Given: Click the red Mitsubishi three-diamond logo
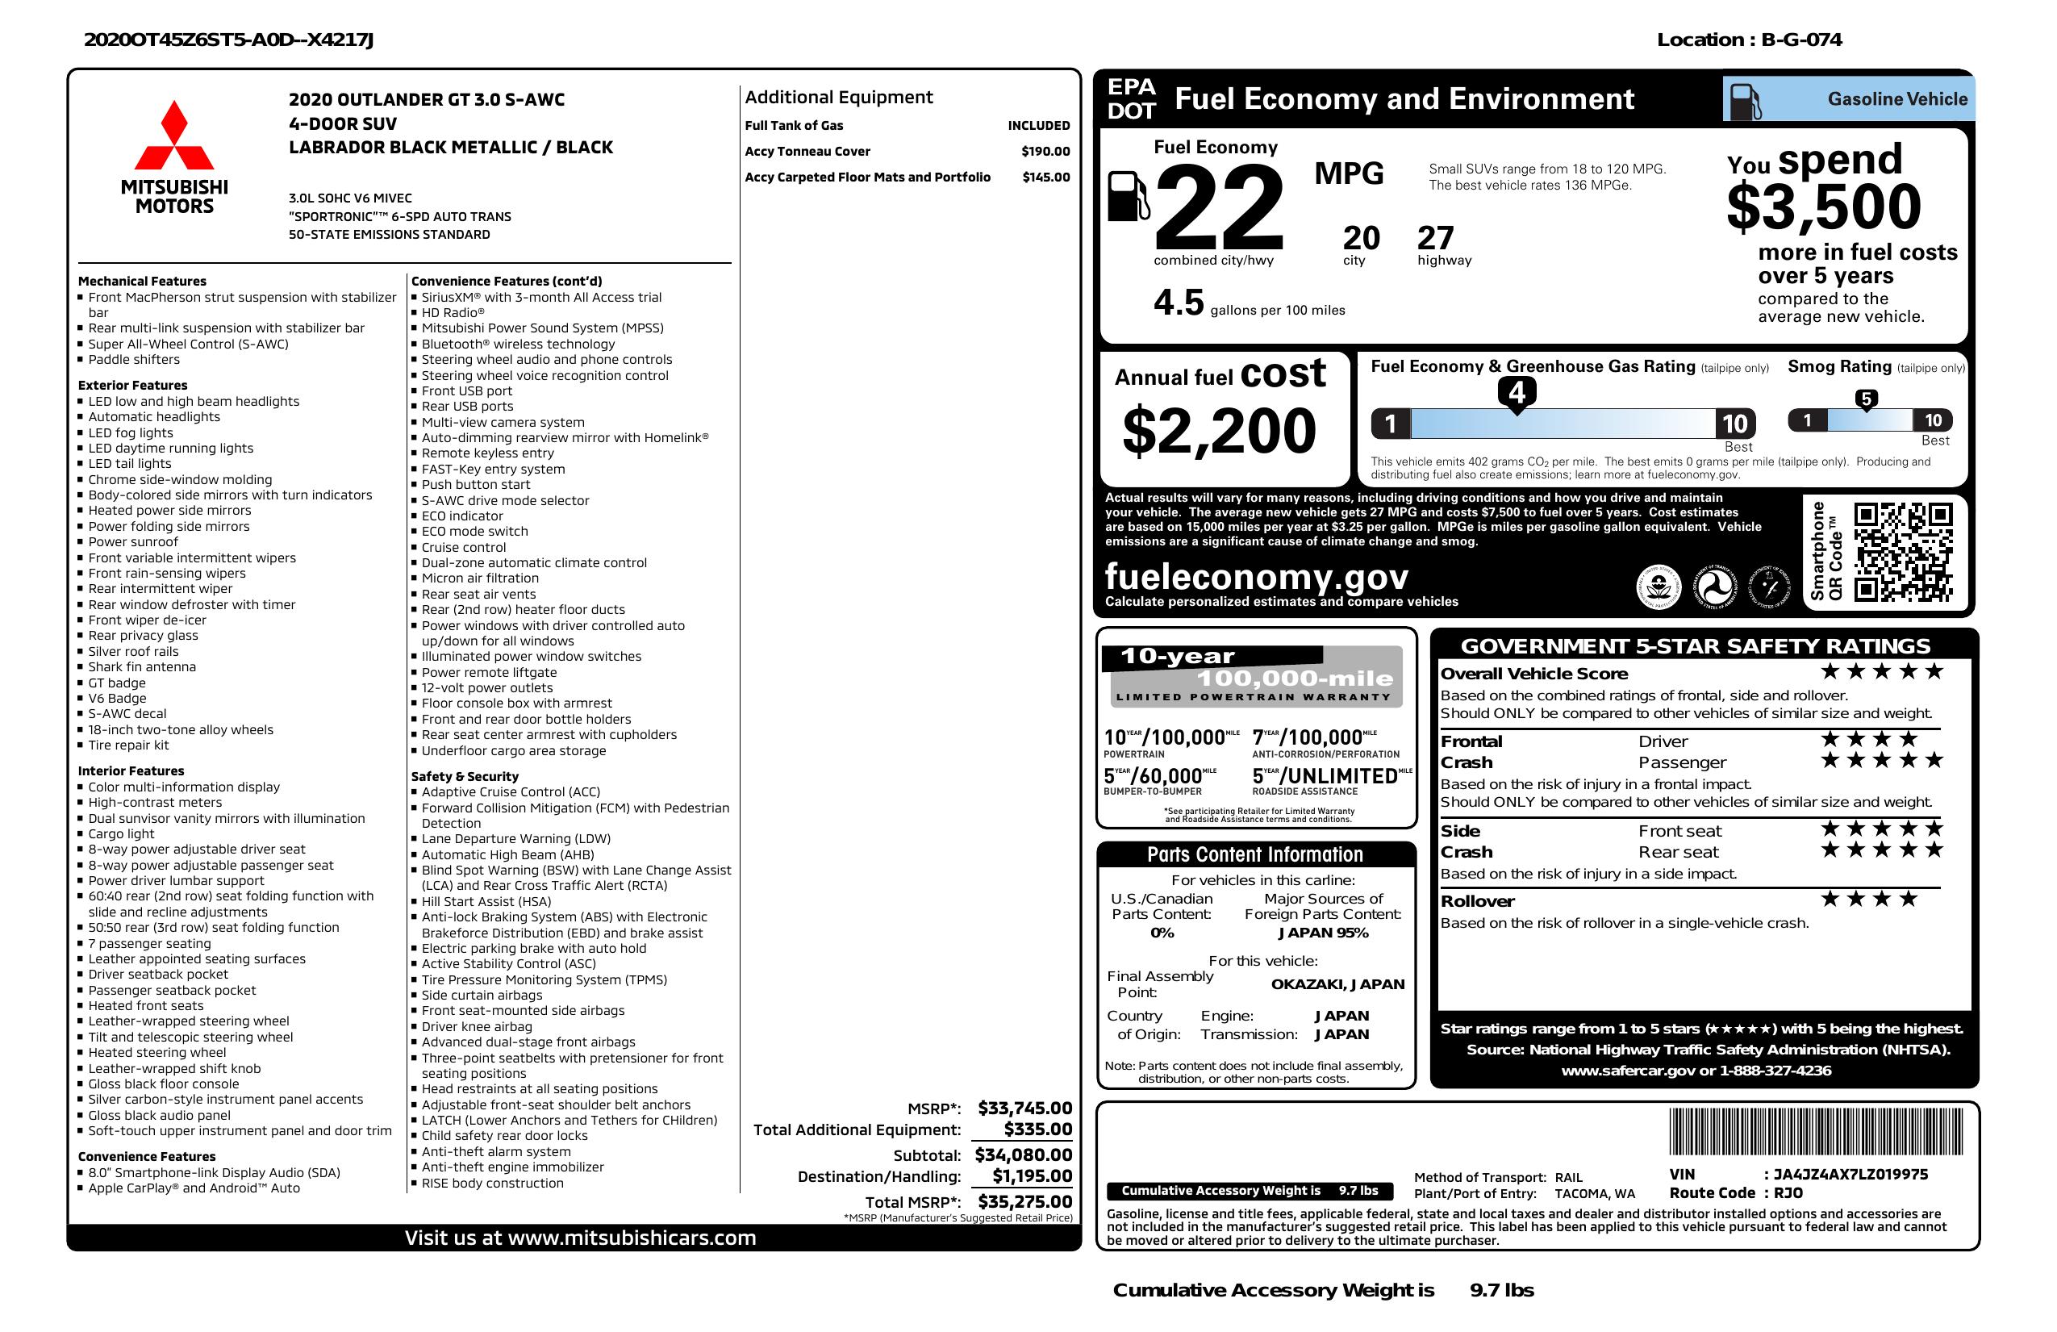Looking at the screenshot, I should [x=173, y=136].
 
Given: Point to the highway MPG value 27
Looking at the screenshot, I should [x=1436, y=238].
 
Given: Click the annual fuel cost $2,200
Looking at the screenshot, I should [x=1219, y=431].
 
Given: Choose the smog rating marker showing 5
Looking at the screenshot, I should [x=1866, y=399].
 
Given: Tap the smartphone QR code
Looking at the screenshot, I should [x=1903, y=552].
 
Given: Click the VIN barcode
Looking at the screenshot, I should [x=1816, y=1133].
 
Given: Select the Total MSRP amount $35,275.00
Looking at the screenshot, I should [x=1024, y=1201].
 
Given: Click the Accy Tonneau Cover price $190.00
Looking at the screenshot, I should [x=1045, y=151].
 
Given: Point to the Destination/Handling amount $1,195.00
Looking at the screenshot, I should [x=1032, y=1175].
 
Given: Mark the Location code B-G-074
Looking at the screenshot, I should [x=1801, y=40].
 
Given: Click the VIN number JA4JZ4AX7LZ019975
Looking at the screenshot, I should [x=1850, y=1175].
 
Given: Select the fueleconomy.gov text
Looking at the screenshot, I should [x=1256, y=576].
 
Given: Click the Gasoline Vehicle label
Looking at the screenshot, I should [x=1897, y=99].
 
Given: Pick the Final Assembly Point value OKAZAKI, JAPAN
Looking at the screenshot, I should [x=1337, y=983].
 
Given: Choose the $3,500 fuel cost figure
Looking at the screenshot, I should [x=1824, y=207].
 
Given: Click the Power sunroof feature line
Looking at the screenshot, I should [x=133, y=542].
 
